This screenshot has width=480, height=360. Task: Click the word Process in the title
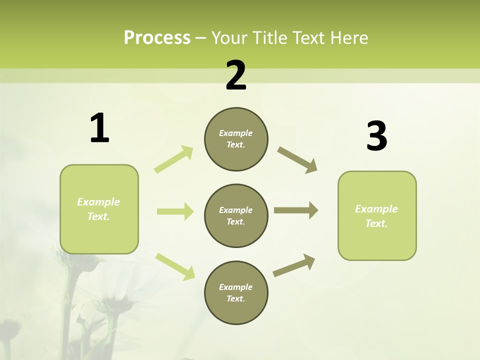point(157,37)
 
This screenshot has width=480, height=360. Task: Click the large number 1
point(99,128)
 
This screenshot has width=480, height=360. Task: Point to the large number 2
point(236,75)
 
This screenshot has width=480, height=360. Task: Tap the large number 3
point(376,136)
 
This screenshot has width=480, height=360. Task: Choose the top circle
point(236,139)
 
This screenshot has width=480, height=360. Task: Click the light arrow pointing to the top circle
point(174,159)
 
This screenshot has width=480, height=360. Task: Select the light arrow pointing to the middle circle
point(175,211)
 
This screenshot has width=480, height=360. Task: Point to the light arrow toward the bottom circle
point(175,266)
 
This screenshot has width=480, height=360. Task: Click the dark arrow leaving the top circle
point(297,159)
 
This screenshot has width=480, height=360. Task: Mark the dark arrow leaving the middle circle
point(295,210)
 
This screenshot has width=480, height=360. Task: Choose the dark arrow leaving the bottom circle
point(294,265)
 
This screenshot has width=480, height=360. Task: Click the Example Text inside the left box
point(98,209)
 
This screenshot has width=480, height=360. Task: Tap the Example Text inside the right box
point(376,216)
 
